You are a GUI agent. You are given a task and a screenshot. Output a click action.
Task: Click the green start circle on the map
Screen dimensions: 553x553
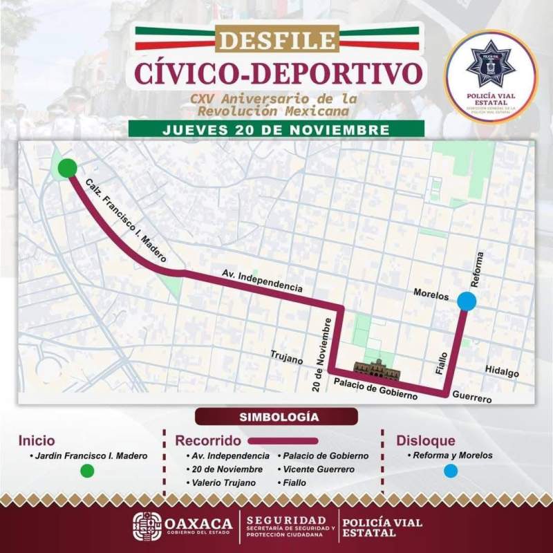pos(67,168)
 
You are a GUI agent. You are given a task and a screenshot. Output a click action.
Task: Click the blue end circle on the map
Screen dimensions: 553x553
pos(467,301)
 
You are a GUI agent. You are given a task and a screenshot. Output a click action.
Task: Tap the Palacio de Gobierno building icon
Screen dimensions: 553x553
pos(377,370)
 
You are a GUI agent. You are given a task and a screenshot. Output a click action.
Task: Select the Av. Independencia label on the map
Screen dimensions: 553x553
pos(263,279)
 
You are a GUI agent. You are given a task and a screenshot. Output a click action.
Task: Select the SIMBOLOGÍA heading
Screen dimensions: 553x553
pos(276,417)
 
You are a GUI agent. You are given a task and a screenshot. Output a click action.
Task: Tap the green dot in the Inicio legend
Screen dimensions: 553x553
pos(87,471)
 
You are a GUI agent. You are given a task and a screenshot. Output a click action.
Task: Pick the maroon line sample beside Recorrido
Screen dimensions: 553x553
pos(283,440)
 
